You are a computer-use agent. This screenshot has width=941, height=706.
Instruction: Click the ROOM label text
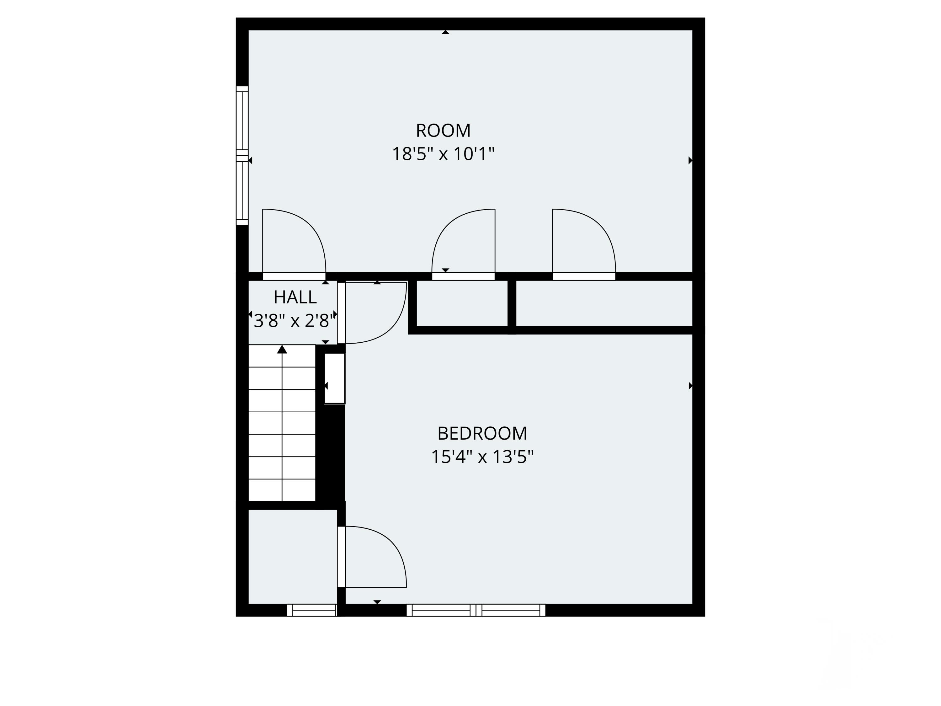click(443, 131)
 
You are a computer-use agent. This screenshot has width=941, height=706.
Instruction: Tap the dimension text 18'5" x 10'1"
click(443, 154)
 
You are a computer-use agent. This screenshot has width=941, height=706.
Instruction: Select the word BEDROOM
click(482, 434)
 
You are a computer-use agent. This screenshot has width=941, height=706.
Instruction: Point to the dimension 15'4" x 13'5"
click(482, 457)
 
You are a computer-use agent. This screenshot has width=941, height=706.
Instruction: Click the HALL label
click(295, 297)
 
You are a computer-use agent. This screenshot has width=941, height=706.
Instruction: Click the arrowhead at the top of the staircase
click(282, 349)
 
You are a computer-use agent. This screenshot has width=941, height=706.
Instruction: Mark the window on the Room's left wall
click(242, 156)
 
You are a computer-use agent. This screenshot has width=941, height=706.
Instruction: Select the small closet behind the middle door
click(462, 303)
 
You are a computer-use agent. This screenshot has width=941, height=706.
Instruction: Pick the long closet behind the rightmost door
click(604, 303)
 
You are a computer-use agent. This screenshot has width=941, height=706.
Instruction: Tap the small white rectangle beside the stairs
click(334, 378)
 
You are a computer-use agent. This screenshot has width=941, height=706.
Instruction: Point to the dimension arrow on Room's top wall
click(445, 32)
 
